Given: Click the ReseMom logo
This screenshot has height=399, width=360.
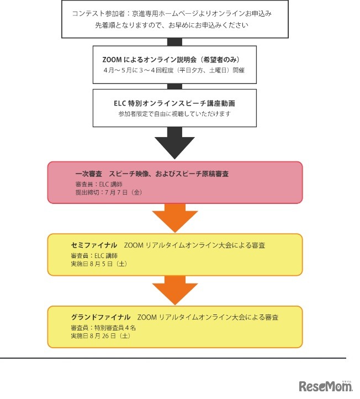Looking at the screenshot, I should [x=325, y=386].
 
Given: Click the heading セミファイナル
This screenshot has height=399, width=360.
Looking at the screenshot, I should [x=94, y=245].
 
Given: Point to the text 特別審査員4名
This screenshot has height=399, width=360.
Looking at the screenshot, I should [x=103, y=327].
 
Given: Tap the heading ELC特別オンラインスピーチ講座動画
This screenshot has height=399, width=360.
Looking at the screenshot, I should [x=175, y=103].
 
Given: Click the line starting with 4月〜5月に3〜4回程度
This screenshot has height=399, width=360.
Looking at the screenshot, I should [x=174, y=71].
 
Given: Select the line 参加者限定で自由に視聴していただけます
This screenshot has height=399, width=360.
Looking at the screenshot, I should [x=174, y=114].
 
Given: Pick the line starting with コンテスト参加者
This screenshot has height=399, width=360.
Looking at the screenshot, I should [x=174, y=13].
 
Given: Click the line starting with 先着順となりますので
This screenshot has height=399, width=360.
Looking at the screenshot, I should [x=174, y=25].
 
